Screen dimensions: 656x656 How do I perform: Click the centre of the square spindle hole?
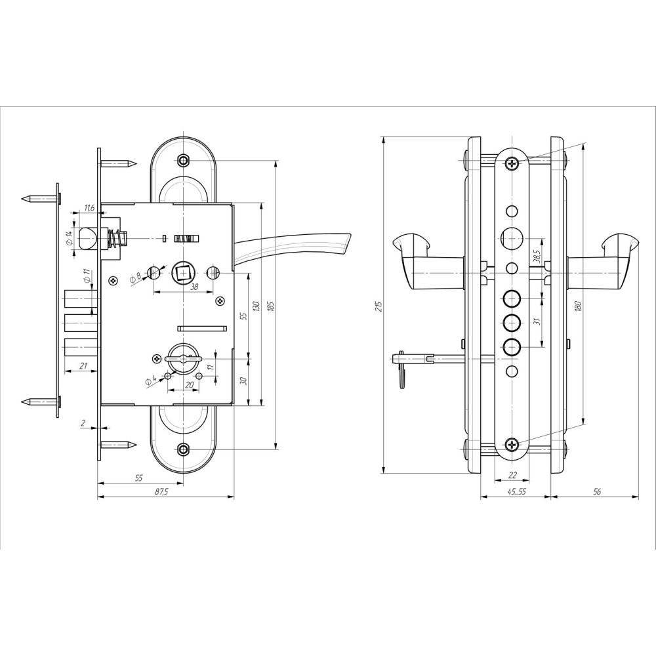coord(183,273)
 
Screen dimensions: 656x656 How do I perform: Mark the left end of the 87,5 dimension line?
coord(98,497)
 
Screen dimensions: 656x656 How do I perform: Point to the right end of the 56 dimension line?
coord(639,497)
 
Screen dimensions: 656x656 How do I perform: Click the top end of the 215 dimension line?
coord(384,136)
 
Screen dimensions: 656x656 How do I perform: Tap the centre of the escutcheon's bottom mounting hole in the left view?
coord(183,450)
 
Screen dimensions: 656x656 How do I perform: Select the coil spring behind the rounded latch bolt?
coord(112,239)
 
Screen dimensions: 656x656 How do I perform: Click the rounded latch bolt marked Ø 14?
coord(87,239)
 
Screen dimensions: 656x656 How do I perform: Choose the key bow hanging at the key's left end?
coord(402,373)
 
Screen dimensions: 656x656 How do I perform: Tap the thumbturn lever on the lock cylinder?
coord(183,358)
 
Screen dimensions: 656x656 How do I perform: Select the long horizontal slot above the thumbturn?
coord(202,328)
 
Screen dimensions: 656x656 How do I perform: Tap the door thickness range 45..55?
coord(516,492)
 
